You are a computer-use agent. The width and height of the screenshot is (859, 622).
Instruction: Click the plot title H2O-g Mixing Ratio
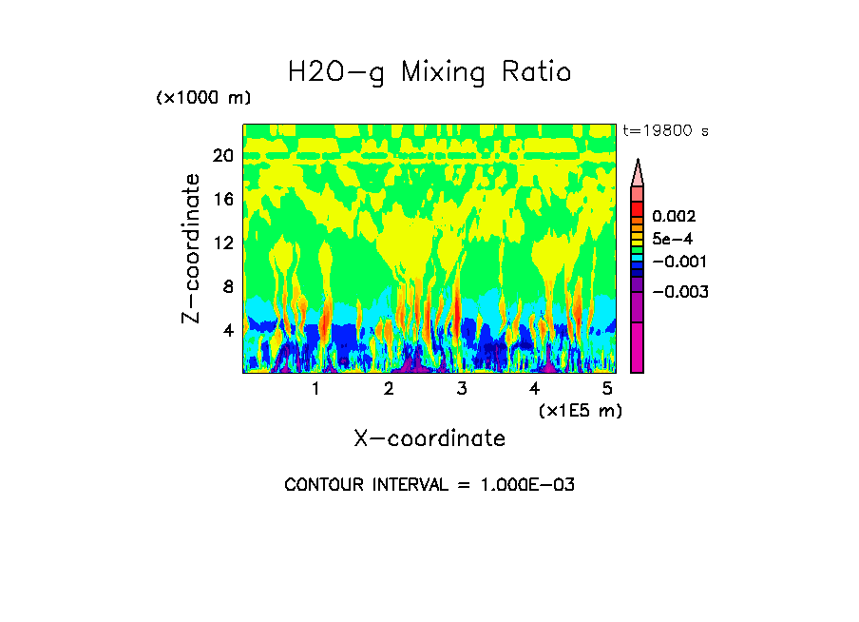pyautogui.click(x=429, y=72)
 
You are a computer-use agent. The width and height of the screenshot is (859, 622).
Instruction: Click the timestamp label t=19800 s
pyautogui.click(x=665, y=131)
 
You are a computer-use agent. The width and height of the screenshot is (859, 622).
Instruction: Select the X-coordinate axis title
pyautogui.click(x=429, y=438)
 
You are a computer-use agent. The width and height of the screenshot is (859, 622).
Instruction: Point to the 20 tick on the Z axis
pyautogui.click(x=223, y=156)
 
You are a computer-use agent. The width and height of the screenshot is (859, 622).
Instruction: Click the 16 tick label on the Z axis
pyautogui.click(x=223, y=200)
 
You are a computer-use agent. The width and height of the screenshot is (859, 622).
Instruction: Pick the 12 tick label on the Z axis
pyautogui.click(x=223, y=243)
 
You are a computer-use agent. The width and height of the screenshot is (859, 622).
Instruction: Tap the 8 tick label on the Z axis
pyautogui.click(x=228, y=286)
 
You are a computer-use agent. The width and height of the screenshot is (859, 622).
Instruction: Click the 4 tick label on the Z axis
pyautogui.click(x=228, y=330)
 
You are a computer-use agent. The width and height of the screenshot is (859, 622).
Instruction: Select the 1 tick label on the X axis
pyautogui.click(x=315, y=389)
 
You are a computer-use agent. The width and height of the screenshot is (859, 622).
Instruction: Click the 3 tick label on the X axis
pyautogui.click(x=462, y=389)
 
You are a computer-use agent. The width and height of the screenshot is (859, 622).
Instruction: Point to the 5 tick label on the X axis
pyautogui.click(x=607, y=389)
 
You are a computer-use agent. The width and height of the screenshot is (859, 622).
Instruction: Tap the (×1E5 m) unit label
pyautogui.click(x=580, y=411)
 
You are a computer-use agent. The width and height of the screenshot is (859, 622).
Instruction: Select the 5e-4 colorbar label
pyautogui.click(x=672, y=240)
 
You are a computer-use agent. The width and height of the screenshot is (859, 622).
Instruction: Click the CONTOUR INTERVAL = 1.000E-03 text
pyautogui.click(x=429, y=485)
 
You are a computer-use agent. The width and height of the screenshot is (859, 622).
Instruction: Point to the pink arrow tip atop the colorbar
pyautogui.click(x=638, y=172)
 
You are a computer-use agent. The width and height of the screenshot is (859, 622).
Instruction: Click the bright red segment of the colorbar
pyautogui.click(x=638, y=208)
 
